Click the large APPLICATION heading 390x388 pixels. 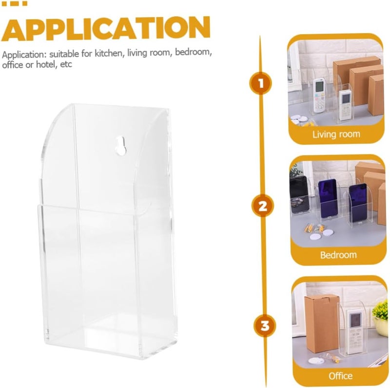[x=106, y=29]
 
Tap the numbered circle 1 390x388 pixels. [x=260, y=83]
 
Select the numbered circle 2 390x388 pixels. [x=262, y=206]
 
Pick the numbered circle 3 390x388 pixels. [x=265, y=326]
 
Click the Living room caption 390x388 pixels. [x=336, y=135]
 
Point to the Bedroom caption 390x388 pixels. [x=338, y=255]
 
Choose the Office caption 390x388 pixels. [x=340, y=375]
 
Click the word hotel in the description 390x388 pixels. [x=47, y=64]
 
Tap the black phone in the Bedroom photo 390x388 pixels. [x=299, y=194]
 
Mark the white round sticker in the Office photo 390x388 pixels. [x=316, y=360]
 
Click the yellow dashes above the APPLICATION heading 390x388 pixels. [x=14, y=3]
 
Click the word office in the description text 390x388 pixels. [x=13, y=65]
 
